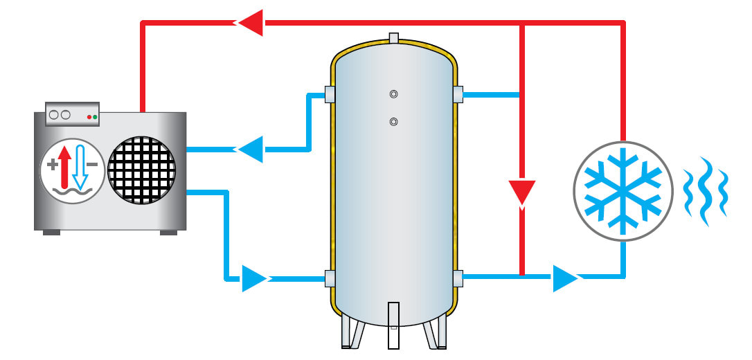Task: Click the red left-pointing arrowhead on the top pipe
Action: click(x=251, y=23)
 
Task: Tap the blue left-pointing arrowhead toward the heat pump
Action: click(x=251, y=148)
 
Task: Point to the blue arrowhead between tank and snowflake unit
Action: click(x=565, y=279)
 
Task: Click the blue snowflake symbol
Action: click(x=621, y=190)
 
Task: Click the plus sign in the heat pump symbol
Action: click(x=52, y=165)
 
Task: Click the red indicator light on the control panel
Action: click(x=89, y=118)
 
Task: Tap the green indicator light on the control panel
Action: click(x=95, y=118)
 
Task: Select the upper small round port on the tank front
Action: click(x=393, y=94)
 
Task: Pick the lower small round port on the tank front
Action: click(x=393, y=122)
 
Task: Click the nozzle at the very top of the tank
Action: click(x=394, y=37)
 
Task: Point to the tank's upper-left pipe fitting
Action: click(x=330, y=94)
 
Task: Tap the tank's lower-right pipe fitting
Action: click(x=458, y=278)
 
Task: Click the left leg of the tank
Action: click(x=352, y=332)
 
